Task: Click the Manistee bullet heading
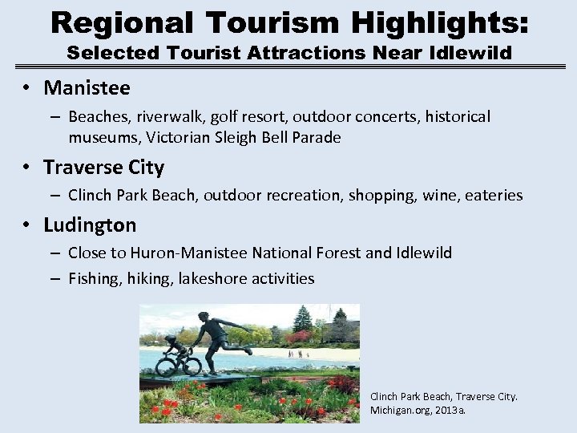(x=87, y=87)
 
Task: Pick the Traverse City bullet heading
(x=103, y=168)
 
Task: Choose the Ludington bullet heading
(x=90, y=225)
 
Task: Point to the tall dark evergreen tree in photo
(x=302, y=321)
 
